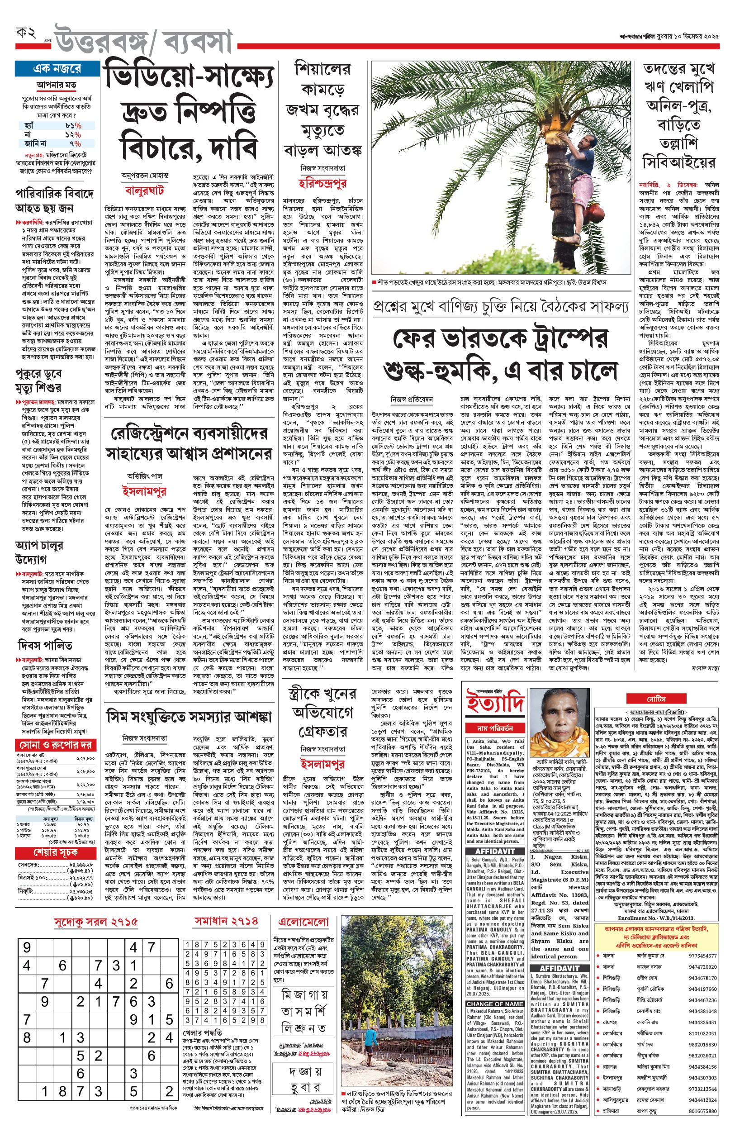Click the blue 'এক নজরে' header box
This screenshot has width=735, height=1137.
(x=57, y=69)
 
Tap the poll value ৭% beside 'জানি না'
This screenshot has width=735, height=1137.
(x=76, y=143)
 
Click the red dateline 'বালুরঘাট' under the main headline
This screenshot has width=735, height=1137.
(x=145, y=190)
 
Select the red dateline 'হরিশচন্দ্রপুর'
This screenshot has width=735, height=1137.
(x=322, y=183)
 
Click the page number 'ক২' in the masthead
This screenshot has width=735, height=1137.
(x=26, y=33)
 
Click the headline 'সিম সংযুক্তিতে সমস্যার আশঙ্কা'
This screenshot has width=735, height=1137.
(x=190, y=717)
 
